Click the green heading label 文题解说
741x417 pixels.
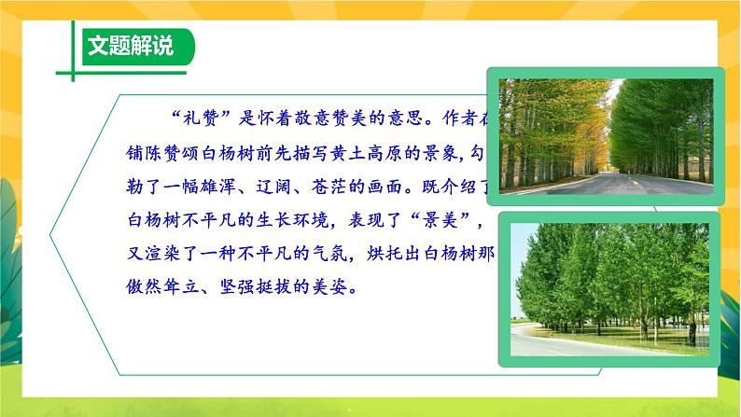(129, 46)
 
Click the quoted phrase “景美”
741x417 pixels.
(453, 219)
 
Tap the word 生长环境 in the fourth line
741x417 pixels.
(307, 219)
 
